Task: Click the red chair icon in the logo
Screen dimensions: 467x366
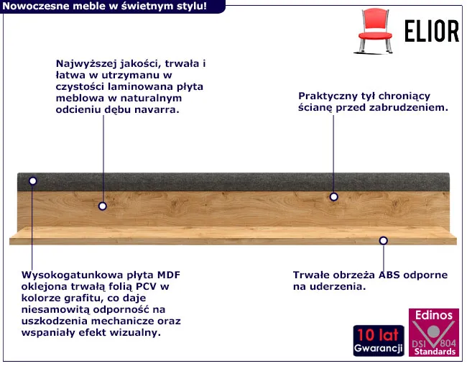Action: coord(374,31)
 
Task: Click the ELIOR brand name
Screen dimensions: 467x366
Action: coord(432,31)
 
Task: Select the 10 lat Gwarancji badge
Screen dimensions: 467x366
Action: coord(379,341)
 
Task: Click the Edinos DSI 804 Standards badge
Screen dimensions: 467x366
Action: coord(434,332)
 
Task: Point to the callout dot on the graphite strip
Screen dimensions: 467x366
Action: coord(33,181)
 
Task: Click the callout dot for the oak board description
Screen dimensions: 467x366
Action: coord(103,206)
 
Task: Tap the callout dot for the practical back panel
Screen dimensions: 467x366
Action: coord(333,197)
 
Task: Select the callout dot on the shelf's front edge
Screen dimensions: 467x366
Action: coord(384,240)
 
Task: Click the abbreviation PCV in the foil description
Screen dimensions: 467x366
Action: coord(147,286)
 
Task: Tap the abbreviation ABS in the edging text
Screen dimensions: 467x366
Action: coord(389,275)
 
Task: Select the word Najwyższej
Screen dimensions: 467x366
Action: coord(86,64)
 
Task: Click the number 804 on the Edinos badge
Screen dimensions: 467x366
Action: coord(448,343)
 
